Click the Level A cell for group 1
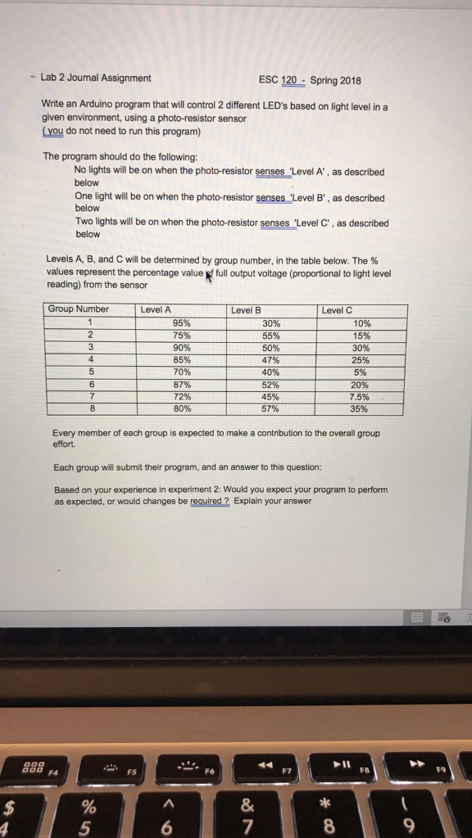tap(182, 322)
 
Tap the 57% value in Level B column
tap(270, 409)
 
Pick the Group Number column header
tap(78, 310)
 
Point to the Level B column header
tap(247, 310)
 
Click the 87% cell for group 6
tap(182, 385)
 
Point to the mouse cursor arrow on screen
tap(209, 279)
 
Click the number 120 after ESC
tap(288, 80)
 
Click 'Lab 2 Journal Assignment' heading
tap(96, 79)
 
